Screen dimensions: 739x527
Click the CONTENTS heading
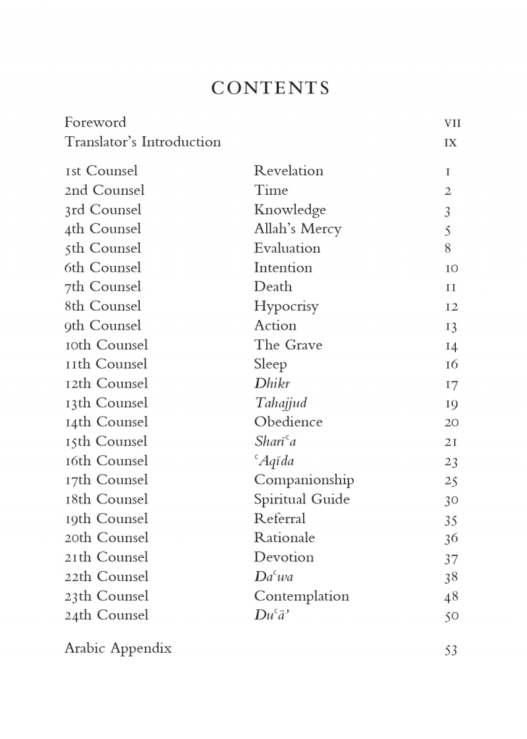coord(270,88)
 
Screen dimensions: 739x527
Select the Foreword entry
coord(95,122)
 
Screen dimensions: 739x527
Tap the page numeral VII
coord(452,123)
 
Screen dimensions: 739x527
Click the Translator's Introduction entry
coord(142,142)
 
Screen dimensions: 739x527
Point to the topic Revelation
coord(289,171)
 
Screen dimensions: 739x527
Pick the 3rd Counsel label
coord(103,210)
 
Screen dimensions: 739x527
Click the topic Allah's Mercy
coord(298,229)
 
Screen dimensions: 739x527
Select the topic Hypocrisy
coord(286,307)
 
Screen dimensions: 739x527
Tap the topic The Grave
coord(288,345)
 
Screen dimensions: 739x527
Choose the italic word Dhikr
coord(272,384)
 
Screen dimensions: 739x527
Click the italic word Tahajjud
coord(281,403)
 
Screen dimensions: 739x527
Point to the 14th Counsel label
coord(106,422)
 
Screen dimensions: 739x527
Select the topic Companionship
coord(304,480)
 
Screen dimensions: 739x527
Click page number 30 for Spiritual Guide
coord(451,500)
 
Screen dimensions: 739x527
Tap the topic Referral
coord(279,519)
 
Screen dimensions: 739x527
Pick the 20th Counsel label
coord(107,538)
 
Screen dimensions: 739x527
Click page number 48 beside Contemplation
coord(451,597)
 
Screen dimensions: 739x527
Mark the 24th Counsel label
coord(107,615)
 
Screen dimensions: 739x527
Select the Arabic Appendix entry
coord(118,648)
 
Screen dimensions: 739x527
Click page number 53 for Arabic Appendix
coord(451,650)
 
